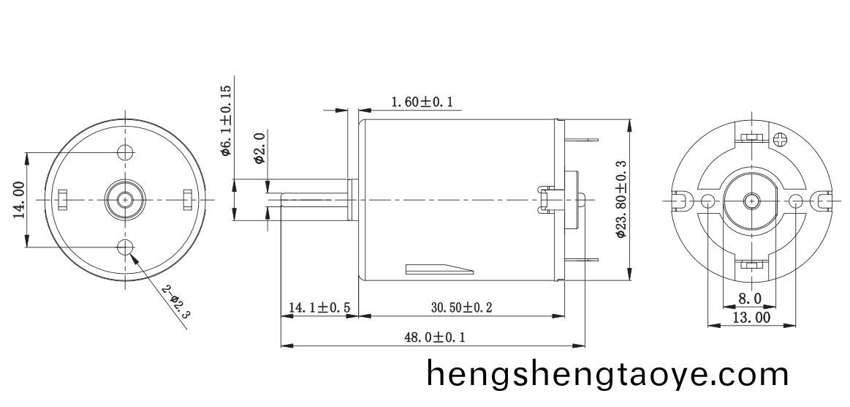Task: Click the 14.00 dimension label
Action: [x=20, y=200]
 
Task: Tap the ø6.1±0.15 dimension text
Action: [x=226, y=120]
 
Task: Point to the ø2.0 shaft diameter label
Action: [x=259, y=149]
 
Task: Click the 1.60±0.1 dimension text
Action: [x=422, y=102]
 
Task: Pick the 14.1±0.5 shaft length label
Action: [x=319, y=308]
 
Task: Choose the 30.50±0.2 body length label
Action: [x=461, y=308]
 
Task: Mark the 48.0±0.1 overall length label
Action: [x=434, y=337]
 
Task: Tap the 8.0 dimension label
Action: [x=750, y=299]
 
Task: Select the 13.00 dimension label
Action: [x=751, y=318]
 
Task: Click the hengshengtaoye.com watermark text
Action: [x=607, y=375]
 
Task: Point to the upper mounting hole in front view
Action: [x=126, y=152]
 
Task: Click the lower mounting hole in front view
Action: [x=126, y=246]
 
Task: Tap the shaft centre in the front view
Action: [x=126, y=199]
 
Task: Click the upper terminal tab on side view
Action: [x=582, y=139]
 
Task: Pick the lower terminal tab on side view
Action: [x=582, y=260]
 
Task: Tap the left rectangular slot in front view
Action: [x=63, y=198]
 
